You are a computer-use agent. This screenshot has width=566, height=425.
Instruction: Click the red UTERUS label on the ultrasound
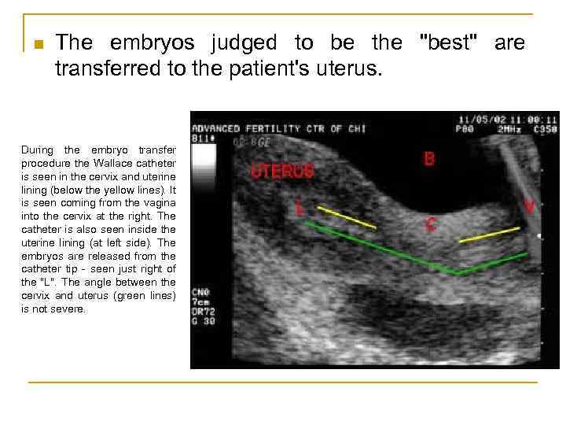point(281,171)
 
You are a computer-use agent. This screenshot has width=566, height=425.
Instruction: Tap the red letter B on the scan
point(429,159)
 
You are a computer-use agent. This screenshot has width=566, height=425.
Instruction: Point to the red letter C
point(431,224)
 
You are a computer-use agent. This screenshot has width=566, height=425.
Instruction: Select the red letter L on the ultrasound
point(300,208)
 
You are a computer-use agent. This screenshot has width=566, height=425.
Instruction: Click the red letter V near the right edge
point(530,206)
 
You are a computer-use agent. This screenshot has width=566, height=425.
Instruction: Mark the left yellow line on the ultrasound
point(346,217)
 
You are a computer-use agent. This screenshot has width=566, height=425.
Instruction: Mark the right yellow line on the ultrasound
point(489,234)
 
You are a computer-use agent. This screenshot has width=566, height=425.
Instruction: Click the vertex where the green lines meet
point(459,273)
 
